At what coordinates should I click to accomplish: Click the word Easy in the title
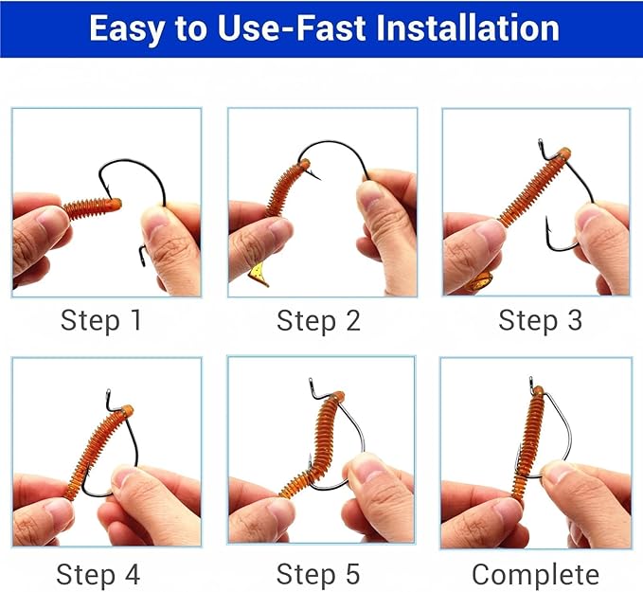point(127,27)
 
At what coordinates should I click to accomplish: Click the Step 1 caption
point(101,320)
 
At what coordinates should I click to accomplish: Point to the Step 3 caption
point(540,320)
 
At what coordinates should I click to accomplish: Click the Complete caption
point(535,574)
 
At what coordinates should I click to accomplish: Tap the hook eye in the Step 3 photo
point(545,148)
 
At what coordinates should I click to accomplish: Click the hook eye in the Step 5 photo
point(313,386)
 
